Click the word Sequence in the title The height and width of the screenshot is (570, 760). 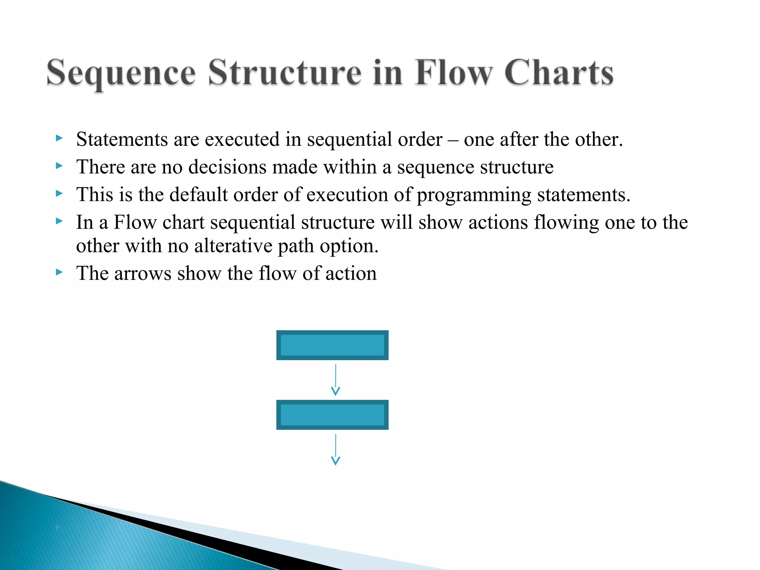coord(121,73)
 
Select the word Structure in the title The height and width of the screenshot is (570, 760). coord(284,73)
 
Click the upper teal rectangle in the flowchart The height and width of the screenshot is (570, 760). coord(332,345)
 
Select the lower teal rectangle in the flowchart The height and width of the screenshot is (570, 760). coord(332,415)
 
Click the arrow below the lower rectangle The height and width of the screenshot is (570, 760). coord(335,449)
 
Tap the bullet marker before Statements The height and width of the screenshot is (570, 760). coord(59,138)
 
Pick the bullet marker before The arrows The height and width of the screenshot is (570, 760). coord(59,272)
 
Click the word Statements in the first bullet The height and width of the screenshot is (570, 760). coord(122,140)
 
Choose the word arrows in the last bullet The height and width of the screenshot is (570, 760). coord(143,274)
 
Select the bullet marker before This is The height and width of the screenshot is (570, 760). coord(59,193)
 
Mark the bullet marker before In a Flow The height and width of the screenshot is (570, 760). coord(59,221)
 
